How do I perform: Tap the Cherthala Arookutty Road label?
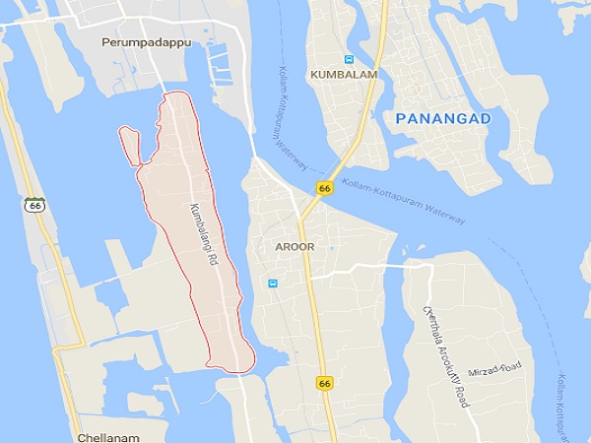[446, 354]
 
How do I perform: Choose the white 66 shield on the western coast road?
[35, 205]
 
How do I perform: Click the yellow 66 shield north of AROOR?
[323, 188]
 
